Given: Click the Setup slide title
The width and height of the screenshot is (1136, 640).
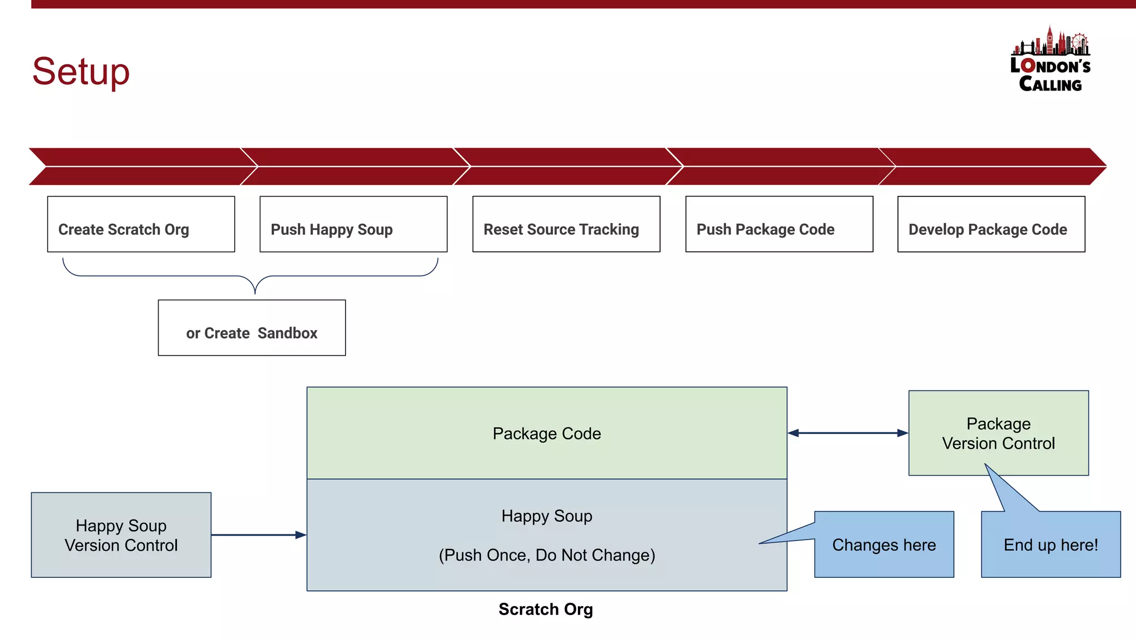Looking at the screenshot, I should click(81, 71).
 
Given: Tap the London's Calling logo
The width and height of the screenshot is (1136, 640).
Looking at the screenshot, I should click(1050, 60).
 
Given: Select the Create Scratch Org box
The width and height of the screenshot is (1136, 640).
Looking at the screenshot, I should click(141, 224).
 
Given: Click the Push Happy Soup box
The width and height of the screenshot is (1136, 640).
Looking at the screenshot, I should click(353, 224).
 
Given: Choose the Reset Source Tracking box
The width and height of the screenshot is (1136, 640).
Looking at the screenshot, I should click(566, 224).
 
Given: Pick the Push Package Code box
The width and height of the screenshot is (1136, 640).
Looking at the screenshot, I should click(779, 224).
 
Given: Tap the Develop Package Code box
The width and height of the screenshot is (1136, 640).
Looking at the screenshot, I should click(991, 224).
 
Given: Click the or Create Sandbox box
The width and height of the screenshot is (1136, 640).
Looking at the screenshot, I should click(252, 328).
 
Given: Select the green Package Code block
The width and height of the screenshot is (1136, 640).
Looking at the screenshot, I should click(546, 433).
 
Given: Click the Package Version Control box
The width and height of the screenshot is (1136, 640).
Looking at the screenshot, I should click(998, 433).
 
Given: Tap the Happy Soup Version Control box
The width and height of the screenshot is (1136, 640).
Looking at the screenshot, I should click(121, 535).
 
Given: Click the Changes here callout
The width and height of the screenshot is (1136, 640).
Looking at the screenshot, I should click(884, 545).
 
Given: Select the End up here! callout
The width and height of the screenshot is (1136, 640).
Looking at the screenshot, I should click(1050, 545).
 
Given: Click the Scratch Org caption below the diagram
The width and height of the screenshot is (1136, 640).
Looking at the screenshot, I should click(545, 609).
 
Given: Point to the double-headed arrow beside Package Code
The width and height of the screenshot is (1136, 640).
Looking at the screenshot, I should click(848, 433).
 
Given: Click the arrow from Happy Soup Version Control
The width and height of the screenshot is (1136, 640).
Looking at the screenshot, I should click(258, 535).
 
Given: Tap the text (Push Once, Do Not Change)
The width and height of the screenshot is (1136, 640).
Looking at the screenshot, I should click(546, 555).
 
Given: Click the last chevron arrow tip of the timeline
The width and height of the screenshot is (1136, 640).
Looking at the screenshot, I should click(1098, 166).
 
